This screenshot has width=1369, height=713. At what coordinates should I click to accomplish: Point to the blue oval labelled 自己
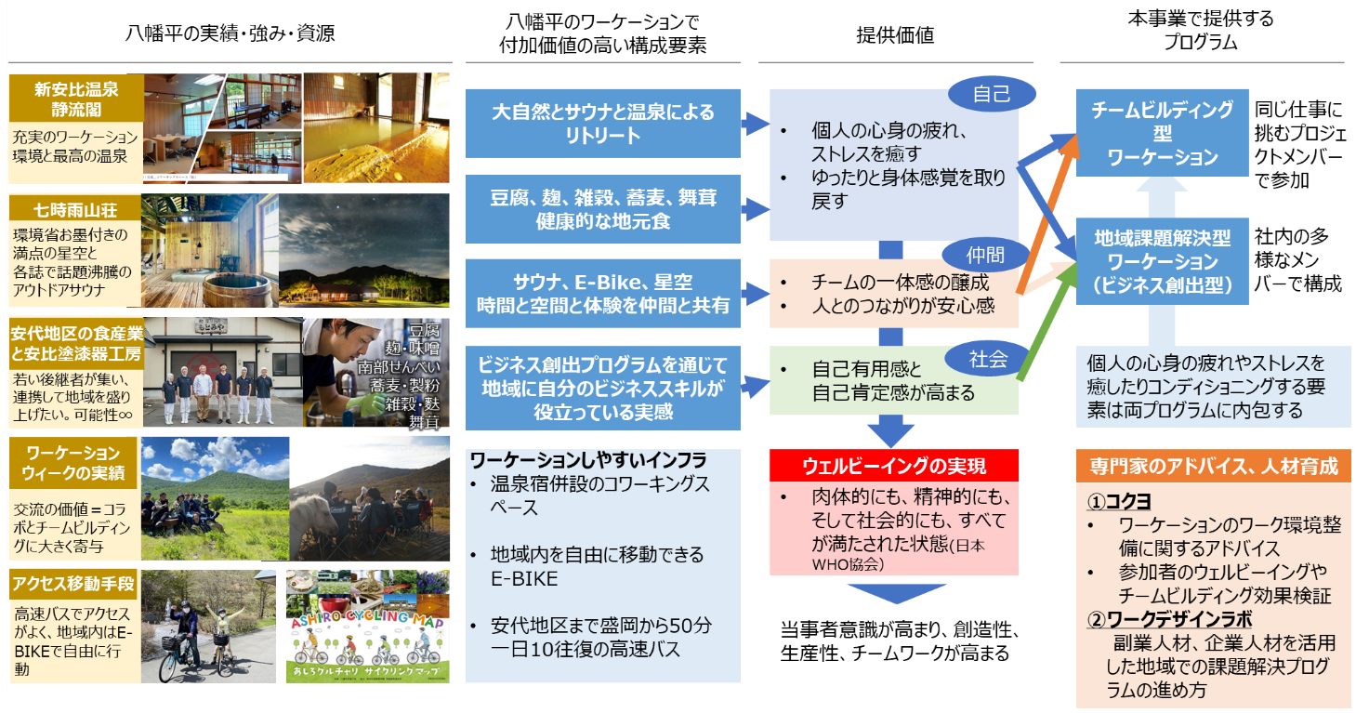[x=991, y=95]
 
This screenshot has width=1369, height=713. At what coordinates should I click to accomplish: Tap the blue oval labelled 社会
[x=987, y=359]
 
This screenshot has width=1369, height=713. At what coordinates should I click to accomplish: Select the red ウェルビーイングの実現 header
[x=894, y=465]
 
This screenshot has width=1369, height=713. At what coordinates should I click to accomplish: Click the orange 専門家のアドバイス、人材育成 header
[x=1213, y=466]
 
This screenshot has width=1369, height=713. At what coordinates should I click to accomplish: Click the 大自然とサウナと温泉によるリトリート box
[x=603, y=124]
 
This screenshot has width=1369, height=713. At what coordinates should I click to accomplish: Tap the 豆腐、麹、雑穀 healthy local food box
[x=603, y=209]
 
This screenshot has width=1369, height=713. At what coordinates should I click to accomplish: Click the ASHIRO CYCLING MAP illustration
[x=368, y=627]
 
